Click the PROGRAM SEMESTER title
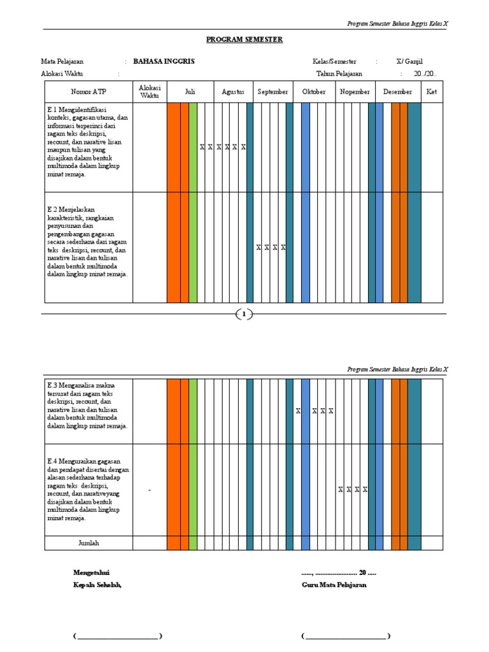click(244, 39)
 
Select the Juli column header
click(190, 92)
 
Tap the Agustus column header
click(232, 92)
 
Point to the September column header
click(273, 92)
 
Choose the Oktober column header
click(313, 92)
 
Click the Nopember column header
click(355, 92)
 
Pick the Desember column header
click(398, 92)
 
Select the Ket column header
click(432, 92)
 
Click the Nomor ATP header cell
click(89, 92)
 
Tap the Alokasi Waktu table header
click(150, 92)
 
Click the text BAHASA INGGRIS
click(164, 62)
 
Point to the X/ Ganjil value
click(409, 62)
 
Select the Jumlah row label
click(89, 543)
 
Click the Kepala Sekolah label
click(97, 585)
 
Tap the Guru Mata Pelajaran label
click(334, 585)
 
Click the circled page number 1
click(244, 313)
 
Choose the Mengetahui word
click(92, 572)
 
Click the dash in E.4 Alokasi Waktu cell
click(150, 490)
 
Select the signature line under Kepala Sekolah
click(118, 636)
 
